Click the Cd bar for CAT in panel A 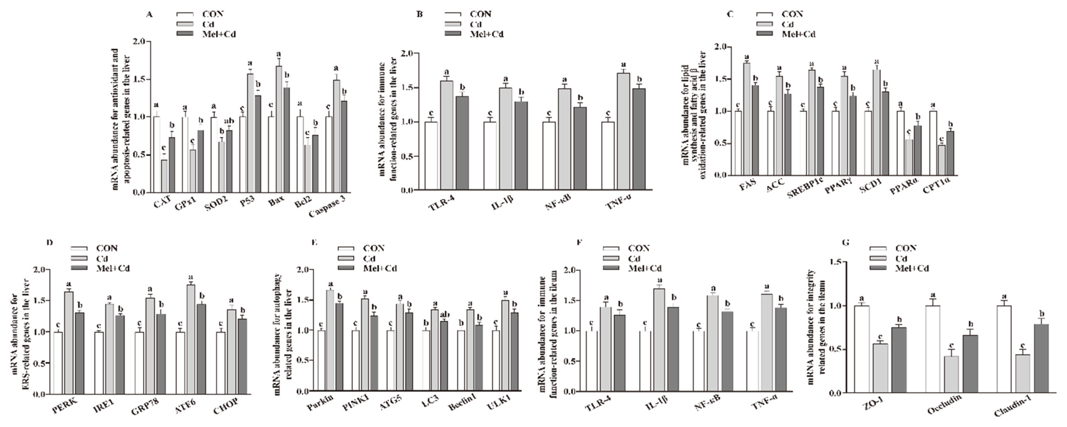click(164, 176)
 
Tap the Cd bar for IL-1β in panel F click(659, 340)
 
